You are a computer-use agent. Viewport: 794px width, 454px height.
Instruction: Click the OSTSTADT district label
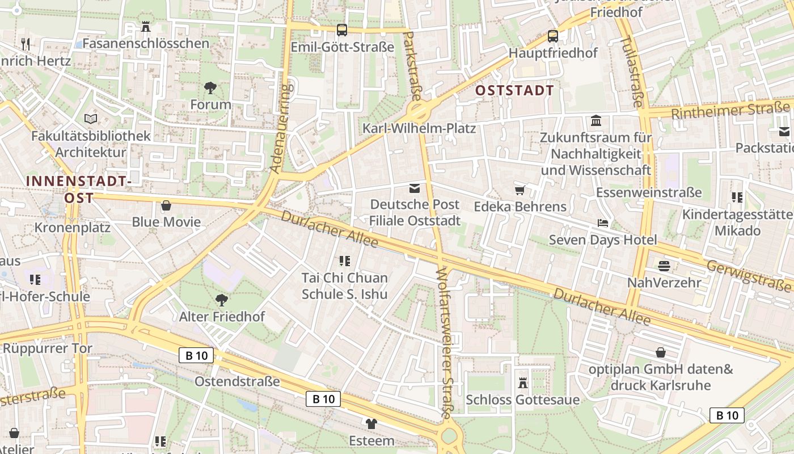[514, 90]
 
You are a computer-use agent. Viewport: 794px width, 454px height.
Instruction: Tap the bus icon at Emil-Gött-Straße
[342, 30]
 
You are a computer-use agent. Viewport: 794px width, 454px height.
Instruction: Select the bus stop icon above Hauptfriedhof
[553, 36]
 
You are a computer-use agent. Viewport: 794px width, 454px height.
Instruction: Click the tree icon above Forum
[210, 87]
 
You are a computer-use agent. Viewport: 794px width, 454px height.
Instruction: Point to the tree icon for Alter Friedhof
[222, 300]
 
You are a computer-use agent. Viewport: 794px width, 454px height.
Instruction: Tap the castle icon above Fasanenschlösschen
[146, 26]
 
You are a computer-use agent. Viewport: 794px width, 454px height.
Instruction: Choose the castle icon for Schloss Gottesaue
[523, 383]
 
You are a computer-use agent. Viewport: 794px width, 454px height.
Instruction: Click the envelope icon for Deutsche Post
[415, 188]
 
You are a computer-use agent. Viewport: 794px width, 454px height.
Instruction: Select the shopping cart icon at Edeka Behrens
[520, 190]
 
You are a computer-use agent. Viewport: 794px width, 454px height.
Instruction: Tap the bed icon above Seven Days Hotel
[603, 223]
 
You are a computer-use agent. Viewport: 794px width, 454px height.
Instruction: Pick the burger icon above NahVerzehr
[664, 266]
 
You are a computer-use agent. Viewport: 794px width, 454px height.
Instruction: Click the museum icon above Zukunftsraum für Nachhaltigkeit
[596, 121]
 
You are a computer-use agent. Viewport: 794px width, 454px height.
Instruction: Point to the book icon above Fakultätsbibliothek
[91, 119]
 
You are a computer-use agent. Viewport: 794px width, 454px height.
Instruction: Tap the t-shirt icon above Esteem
[371, 423]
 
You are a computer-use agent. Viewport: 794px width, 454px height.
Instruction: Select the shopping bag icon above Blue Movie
[166, 205]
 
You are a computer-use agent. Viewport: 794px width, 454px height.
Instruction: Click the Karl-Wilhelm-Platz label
[419, 128]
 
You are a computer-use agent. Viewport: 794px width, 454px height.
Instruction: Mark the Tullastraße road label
[631, 71]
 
